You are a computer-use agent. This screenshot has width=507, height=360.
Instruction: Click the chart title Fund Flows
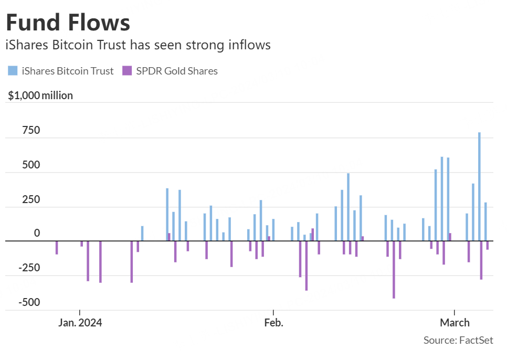coord(68,23)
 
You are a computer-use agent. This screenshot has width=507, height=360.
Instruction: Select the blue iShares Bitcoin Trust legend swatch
coord(13,71)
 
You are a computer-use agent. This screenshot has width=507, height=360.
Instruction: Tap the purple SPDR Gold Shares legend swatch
coord(126,71)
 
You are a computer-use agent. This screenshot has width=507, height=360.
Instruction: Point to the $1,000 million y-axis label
coord(40,96)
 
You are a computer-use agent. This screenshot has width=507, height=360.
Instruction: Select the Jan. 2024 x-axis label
coord(80,323)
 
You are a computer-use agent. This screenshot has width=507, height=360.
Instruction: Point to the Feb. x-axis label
coord(273,323)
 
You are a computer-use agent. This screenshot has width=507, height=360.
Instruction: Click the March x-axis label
coord(455,323)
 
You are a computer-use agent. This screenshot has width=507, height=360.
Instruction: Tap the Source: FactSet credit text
coord(458,341)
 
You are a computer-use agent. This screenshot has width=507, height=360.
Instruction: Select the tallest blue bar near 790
coord(479,186)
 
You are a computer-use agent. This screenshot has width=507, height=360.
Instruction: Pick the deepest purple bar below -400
coord(394,270)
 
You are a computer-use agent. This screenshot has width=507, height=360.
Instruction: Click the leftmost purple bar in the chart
coord(57,248)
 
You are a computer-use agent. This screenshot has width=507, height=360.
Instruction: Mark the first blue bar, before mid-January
coord(142,234)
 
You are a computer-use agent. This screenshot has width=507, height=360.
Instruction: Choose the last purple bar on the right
coord(487,245)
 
